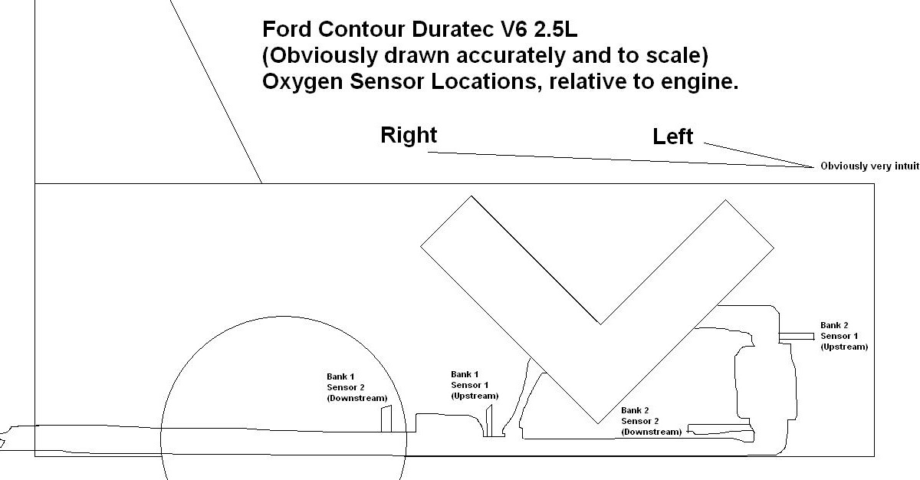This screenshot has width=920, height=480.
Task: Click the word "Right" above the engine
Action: (x=409, y=136)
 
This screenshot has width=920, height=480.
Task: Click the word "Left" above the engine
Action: (x=672, y=137)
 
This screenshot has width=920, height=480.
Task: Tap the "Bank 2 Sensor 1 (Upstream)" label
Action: (x=843, y=336)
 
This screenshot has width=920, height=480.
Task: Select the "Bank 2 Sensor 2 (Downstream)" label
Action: (x=651, y=421)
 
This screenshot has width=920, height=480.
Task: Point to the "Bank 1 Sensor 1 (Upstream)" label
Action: (x=475, y=385)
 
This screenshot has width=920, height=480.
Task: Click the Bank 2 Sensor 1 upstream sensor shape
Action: (x=797, y=336)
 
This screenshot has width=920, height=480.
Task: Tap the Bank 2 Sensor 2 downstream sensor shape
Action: (x=719, y=429)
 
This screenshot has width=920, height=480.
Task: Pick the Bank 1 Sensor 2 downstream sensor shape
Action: (x=387, y=419)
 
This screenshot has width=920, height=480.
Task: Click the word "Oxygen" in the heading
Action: (x=297, y=82)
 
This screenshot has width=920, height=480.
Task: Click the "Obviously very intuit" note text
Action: (x=869, y=166)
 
